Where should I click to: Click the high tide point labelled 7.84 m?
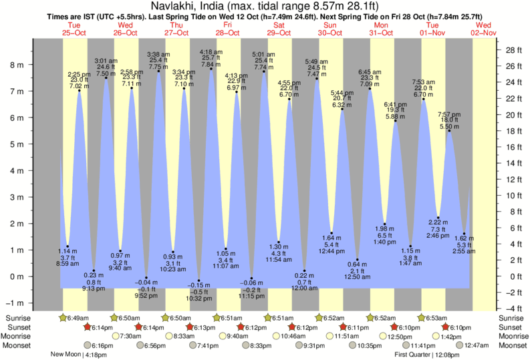(211, 69)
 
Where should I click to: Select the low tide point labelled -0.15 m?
(198, 281)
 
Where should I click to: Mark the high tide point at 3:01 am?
(106, 78)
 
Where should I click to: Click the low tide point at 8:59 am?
(68, 246)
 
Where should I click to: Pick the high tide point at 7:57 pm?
(449, 131)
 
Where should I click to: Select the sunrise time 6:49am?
(75, 319)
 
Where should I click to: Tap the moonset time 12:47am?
(478, 345)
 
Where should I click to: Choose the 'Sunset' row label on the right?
(512, 327)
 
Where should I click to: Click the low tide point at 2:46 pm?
(437, 214)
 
